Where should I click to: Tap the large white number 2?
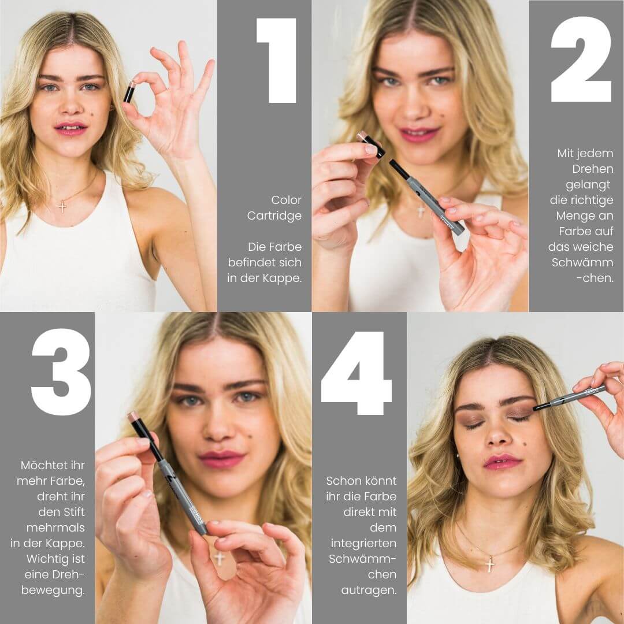[x=581, y=59]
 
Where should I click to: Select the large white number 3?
[x=61, y=372]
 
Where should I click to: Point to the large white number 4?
[x=356, y=373]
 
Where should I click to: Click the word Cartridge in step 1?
[x=274, y=216]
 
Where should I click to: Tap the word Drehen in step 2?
[x=593, y=169]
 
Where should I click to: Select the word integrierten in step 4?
[x=364, y=543]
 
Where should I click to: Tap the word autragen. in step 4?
[x=369, y=590]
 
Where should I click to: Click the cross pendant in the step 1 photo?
[x=62, y=206]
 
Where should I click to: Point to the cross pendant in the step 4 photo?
[x=491, y=564]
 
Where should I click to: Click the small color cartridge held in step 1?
[x=129, y=92]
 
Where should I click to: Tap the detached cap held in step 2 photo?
[x=370, y=145]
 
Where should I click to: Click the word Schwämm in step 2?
[x=582, y=263]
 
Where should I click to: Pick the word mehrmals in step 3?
[x=55, y=528]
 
